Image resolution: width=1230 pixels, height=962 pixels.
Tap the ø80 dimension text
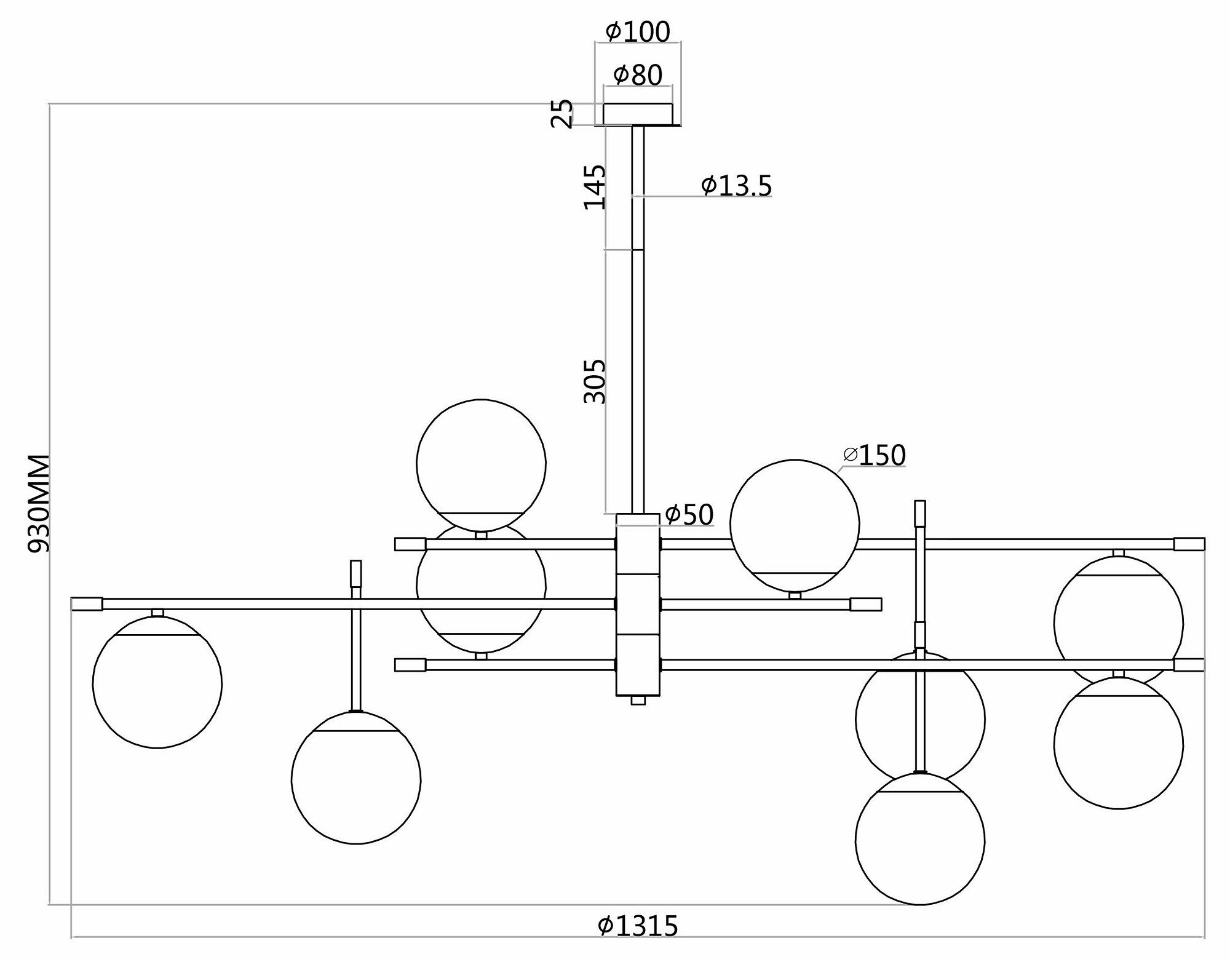point(638,75)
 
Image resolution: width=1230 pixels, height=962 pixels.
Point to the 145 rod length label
point(595,187)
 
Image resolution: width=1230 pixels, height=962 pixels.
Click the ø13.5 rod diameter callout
point(736,185)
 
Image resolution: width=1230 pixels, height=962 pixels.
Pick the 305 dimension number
point(595,381)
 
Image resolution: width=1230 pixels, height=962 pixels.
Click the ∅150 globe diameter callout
point(875,455)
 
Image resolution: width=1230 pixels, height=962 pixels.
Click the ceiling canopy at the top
point(638,114)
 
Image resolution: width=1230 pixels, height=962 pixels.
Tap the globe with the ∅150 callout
point(795,524)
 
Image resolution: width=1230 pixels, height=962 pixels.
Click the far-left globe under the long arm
point(157,682)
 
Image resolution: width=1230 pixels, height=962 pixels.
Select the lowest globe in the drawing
point(919,839)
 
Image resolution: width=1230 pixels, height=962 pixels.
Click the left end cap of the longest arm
point(87,604)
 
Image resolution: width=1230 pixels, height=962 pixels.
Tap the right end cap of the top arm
point(1189,544)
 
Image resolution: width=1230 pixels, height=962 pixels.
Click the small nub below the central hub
point(638,700)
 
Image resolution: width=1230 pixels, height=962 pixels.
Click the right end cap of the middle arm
point(866,604)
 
